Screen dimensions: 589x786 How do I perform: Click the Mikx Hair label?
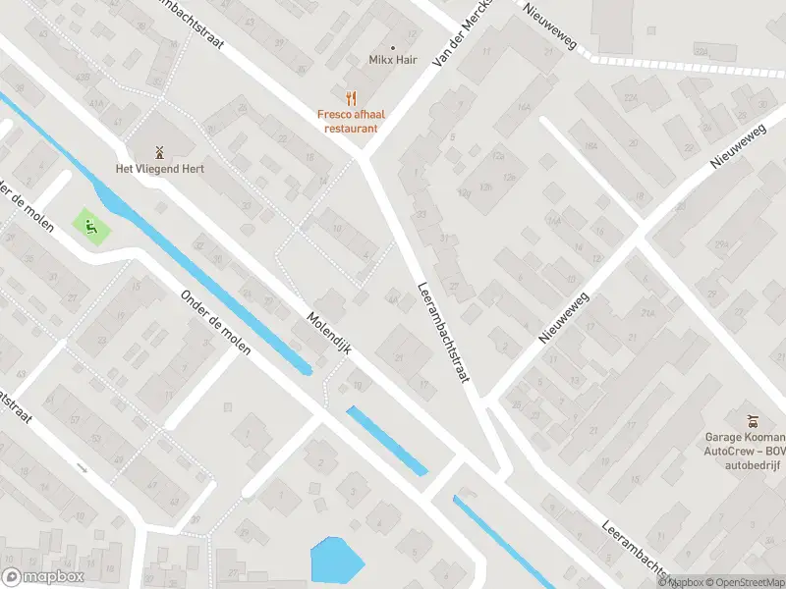pyautogui.click(x=393, y=61)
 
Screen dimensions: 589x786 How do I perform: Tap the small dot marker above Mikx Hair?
pyautogui.click(x=393, y=46)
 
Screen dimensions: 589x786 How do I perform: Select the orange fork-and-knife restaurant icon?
pyautogui.click(x=349, y=97)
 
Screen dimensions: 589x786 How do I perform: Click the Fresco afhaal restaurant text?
pyautogui.click(x=348, y=121)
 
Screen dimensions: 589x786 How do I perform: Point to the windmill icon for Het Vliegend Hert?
pyautogui.click(x=159, y=152)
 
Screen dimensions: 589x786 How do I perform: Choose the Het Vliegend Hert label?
pyautogui.click(x=159, y=169)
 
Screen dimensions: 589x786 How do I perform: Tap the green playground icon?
pyautogui.click(x=92, y=229)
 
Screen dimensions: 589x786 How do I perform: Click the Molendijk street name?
pyautogui.click(x=329, y=334)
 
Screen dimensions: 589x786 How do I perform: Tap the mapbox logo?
pyautogui.click(x=43, y=576)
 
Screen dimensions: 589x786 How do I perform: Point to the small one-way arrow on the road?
pyautogui.click(x=83, y=468)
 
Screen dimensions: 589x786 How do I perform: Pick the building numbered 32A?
pyautogui.click(x=702, y=51)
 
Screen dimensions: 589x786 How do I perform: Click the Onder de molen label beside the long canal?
pyautogui.click(x=216, y=322)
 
